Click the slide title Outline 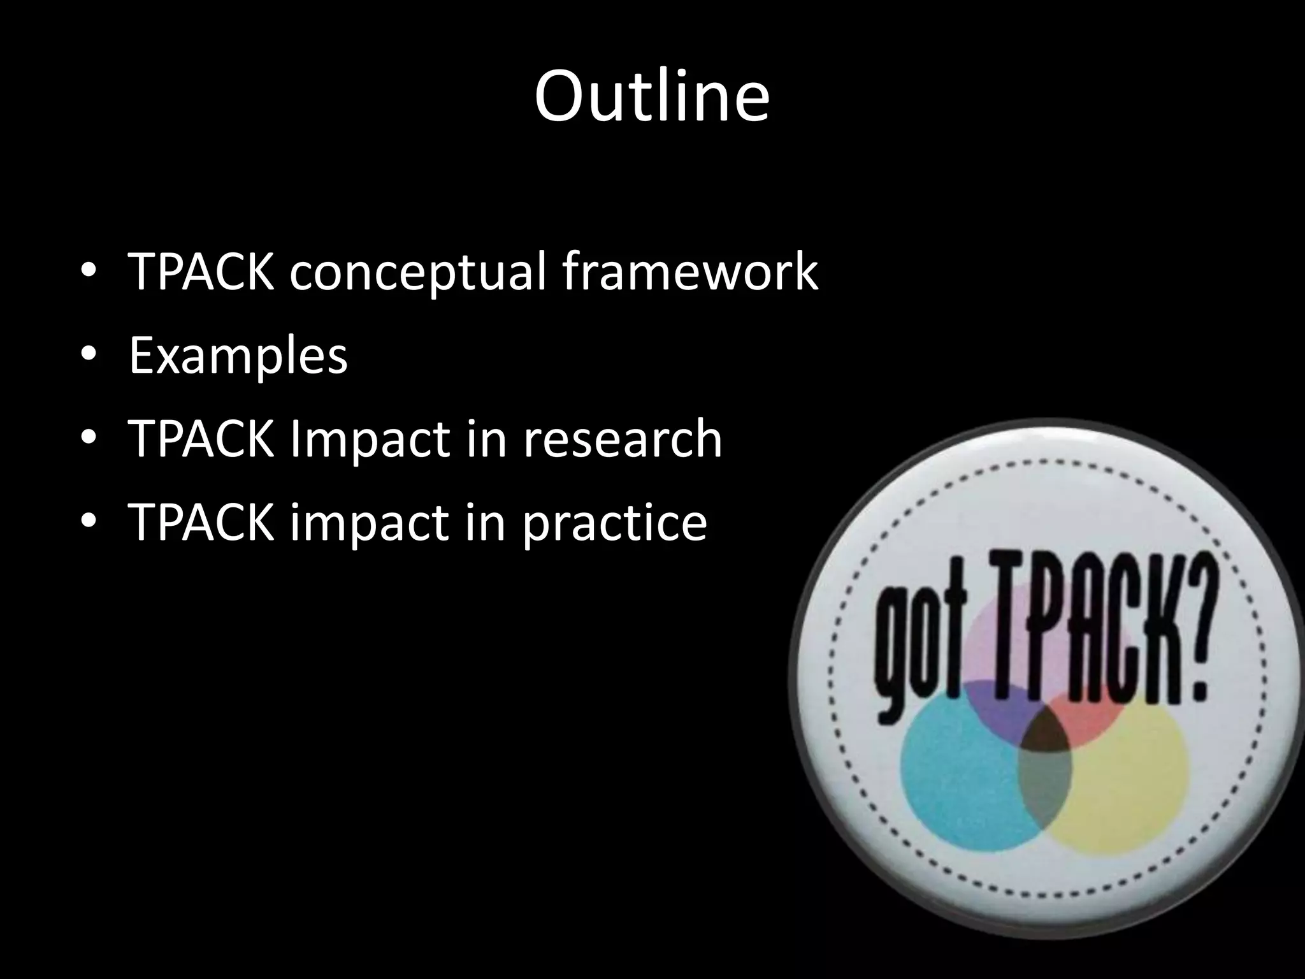click(652, 97)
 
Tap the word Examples click(238, 356)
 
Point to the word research click(623, 439)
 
